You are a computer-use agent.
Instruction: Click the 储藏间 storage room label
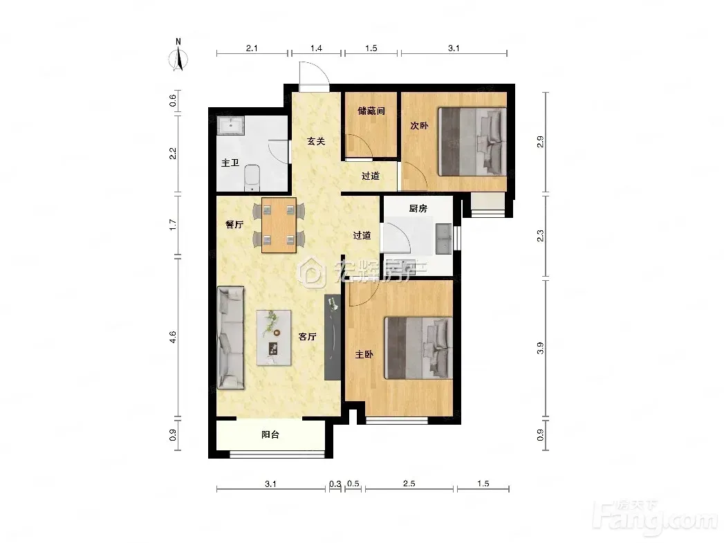[x=371, y=111]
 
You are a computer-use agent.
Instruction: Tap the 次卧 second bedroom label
[x=419, y=125]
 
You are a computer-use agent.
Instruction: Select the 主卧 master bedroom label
[x=364, y=354]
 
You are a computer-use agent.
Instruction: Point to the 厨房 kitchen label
[x=418, y=208]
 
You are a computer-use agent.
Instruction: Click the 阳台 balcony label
[x=270, y=434]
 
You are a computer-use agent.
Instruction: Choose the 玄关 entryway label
[x=316, y=141]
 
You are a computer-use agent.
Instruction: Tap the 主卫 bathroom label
[x=230, y=163]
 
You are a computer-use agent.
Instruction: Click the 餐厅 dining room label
[x=234, y=224]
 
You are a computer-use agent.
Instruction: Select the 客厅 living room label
[x=307, y=337]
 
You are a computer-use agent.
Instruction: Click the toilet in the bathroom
[x=252, y=178]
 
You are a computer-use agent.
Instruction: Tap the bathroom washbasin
[x=230, y=125]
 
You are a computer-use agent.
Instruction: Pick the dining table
[x=279, y=225]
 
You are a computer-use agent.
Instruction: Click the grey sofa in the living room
[x=231, y=338]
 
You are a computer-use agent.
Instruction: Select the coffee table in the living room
[x=274, y=338]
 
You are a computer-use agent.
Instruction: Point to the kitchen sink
[x=443, y=239]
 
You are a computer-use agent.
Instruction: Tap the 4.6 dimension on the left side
[x=173, y=337]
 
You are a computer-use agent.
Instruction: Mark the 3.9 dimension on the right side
[x=540, y=348]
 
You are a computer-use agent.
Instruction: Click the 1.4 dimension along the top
[x=316, y=48]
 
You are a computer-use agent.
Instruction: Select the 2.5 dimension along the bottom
[x=409, y=484]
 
